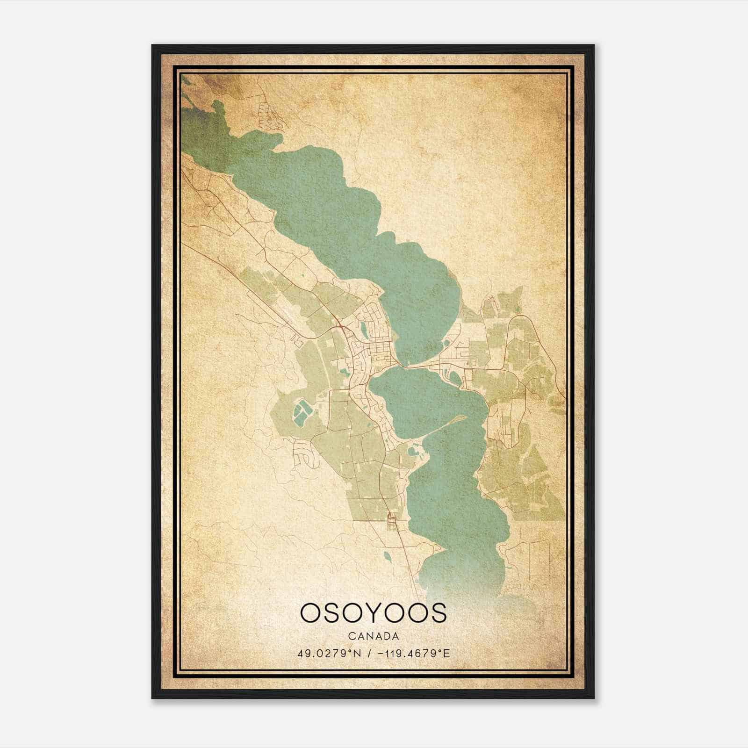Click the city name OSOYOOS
click(x=373, y=612)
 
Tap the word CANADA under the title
click(x=373, y=636)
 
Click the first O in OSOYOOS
click(x=311, y=612)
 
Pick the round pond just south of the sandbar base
click(x=413, y=452)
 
